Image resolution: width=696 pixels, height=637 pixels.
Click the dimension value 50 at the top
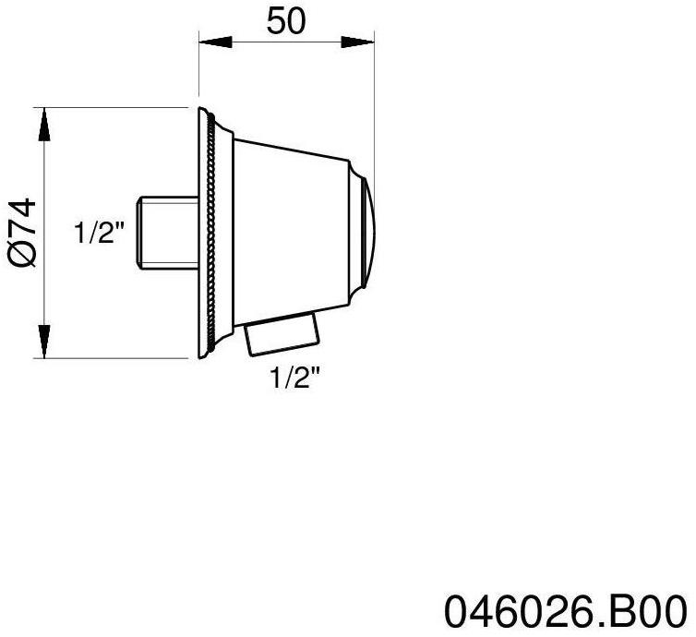coord(286,21)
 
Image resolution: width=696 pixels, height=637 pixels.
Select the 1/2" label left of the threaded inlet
coord(99,233)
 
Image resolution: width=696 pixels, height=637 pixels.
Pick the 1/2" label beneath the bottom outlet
coord(295,378)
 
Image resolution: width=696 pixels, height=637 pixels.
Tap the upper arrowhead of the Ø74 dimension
coord(43,121)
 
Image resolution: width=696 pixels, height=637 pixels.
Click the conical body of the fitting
coord(291,231)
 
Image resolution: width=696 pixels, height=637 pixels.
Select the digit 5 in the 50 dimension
coord(276,21)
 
